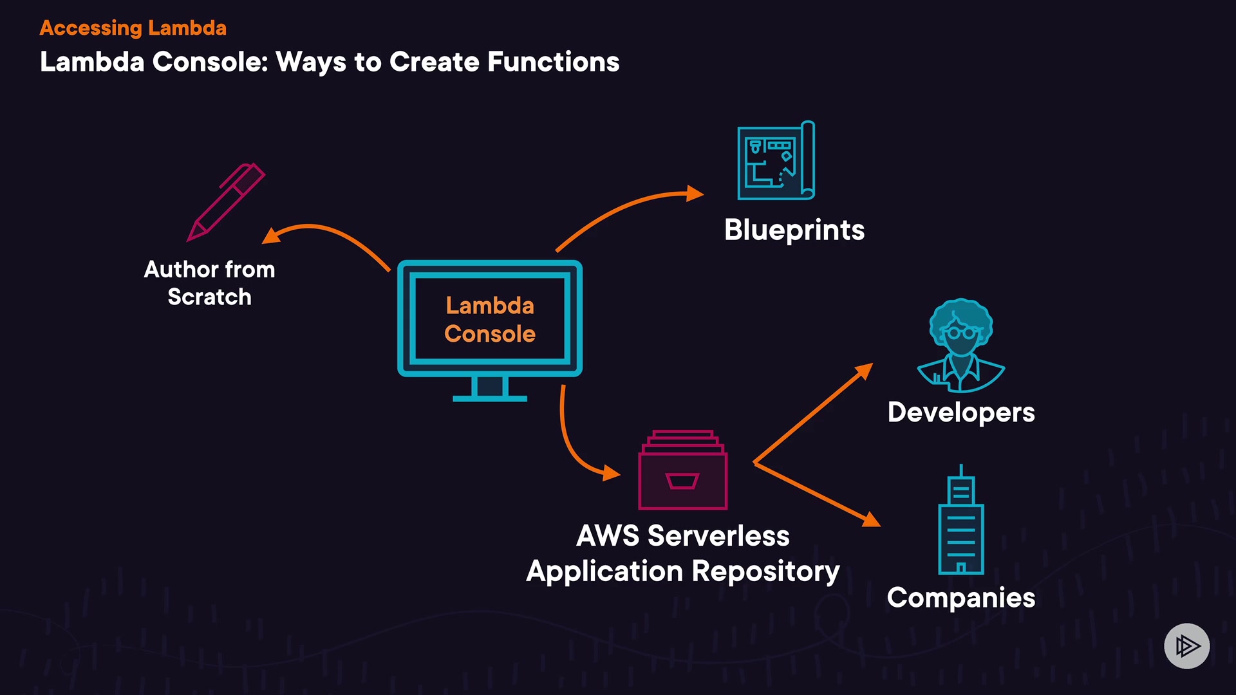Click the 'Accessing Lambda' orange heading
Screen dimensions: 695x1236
point(133,28)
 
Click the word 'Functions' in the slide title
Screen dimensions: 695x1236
point(553,62)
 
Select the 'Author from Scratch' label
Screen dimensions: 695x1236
point(209,283)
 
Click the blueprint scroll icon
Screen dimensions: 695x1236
point(776,161)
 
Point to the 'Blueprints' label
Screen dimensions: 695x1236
point(794,230)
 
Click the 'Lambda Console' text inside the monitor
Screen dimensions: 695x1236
point(490,320)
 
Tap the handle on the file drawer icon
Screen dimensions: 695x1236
point(682,481)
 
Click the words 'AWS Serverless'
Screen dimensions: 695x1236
point(682,536)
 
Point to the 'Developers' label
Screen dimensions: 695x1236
point(960,412)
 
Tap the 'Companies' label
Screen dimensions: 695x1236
point(960,598)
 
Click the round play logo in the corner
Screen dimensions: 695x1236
point(1186,645)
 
